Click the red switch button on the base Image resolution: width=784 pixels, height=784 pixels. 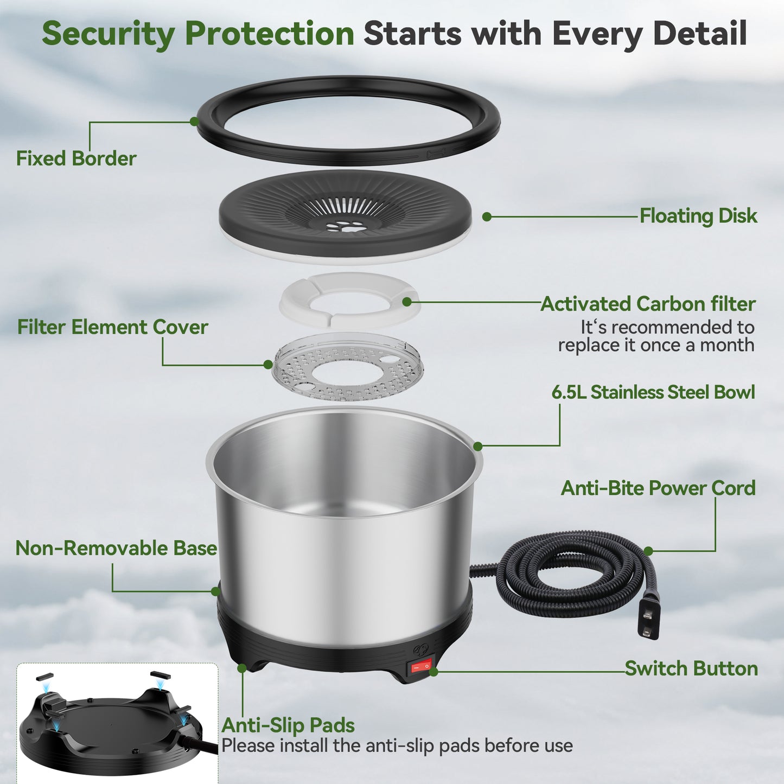(420, 666)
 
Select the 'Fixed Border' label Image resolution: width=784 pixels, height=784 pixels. (76, 158)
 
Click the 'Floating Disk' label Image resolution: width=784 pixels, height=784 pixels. (698, 216)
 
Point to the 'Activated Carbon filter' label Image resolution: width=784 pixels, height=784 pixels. (648, 304)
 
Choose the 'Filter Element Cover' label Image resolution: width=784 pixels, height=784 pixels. (112, 327)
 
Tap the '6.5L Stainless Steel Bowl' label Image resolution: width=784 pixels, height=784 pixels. (653, 392)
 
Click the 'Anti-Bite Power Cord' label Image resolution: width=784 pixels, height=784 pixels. (658, 488)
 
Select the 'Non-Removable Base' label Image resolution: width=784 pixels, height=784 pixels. (116, 548)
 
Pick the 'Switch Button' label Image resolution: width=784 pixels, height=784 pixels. (691, 668)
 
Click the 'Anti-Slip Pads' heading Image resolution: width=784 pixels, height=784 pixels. (288, 725)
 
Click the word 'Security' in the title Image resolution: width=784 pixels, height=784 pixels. (109, 34)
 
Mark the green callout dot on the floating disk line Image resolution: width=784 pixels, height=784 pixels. (487, 216)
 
